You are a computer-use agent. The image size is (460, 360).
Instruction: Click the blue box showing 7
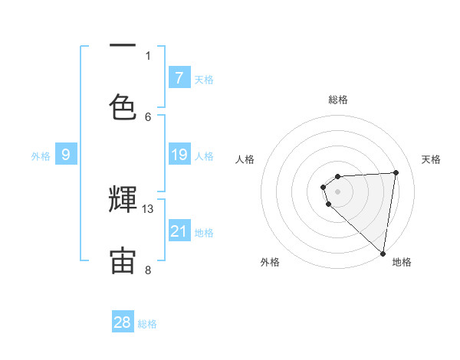click(179, 78)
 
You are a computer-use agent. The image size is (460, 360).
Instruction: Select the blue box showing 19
click(179, 155)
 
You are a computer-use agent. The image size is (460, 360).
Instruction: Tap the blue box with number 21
click(179, 232)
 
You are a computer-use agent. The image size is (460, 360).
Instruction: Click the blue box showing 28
click(123, 322)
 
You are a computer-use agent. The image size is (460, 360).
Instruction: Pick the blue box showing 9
click(66, 155)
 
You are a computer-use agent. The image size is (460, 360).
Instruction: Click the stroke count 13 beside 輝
click(148, 208)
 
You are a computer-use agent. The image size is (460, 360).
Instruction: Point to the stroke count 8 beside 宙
click(148, 270)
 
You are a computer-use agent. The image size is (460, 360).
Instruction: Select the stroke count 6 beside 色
click(148, 116)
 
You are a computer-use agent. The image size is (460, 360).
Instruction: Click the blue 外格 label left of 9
click(41, 156)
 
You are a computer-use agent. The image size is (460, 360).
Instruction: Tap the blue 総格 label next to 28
click(147, 324)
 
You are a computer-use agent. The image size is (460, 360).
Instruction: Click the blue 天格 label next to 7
click(204, 80)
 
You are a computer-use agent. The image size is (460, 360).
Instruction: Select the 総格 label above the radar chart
click(337, 100)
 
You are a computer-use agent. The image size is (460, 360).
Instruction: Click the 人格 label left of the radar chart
click(245, 159)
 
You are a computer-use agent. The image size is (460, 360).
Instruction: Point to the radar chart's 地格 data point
click(383, 254)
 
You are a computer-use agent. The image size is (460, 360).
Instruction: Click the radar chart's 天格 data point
click(396, 172)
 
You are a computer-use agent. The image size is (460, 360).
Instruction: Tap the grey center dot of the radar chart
click(337, 191)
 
